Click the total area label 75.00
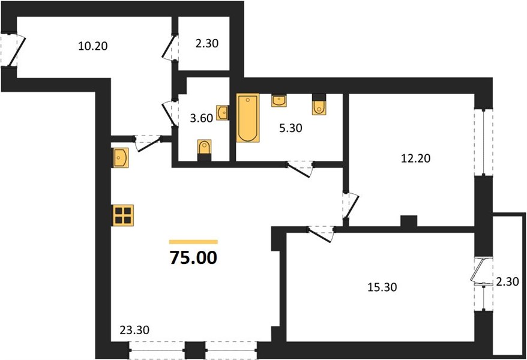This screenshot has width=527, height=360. click(x=193, y=258)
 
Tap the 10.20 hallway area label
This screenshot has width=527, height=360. click(x=93, y=46)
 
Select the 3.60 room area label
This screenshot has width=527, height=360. click(x=201, y=118)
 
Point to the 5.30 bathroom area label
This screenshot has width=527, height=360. click(x=291, y=128)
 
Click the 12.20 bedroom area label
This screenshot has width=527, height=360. click(x=416, y=158)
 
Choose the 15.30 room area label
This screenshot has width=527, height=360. click(x=382, y=287)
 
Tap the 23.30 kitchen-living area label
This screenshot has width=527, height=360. click(x=134, y=330)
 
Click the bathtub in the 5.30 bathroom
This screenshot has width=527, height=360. click(x=248, y=118)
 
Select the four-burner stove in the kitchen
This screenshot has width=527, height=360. click(x=122, y=215)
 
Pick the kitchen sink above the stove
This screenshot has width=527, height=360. click(x=120, y=157)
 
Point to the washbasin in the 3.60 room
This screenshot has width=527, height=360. click(x=222, y=113)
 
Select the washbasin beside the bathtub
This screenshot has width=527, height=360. click(x=279, y=101)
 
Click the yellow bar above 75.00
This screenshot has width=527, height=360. click(x=193, y=242)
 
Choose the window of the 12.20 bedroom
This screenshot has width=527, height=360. click(x=483, y=142)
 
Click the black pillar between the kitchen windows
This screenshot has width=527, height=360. click(x=195, y=350)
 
